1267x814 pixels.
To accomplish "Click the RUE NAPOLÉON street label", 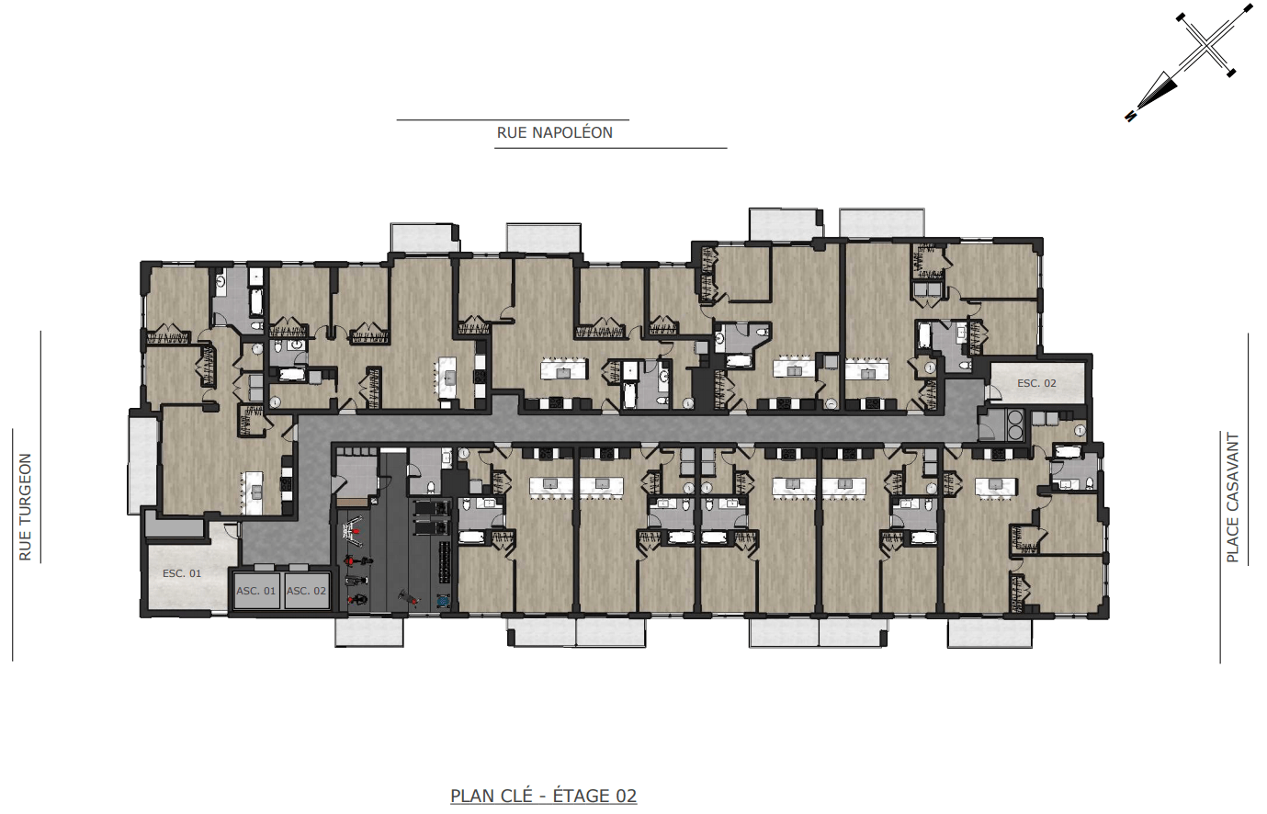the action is click(x=554, y=133).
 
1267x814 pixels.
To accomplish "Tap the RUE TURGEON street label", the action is click(x=26, y=507).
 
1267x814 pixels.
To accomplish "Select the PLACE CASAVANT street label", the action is click(x=1233, y=498).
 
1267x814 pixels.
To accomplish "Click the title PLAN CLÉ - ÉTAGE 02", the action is click(x=543, y=796).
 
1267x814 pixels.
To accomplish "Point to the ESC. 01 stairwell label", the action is click(x=182, y=573).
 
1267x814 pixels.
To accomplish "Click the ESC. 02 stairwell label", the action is click(x=1036, y=383).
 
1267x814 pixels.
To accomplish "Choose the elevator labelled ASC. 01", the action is click(x=256, y=591).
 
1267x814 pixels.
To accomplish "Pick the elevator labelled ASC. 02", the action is click(x=306, y=591).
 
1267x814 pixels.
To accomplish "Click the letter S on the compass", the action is click(x=1130, y=116).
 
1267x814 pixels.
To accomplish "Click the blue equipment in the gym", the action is click(x=442, y=600).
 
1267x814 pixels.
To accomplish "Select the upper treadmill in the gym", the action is click(x=432, y=509).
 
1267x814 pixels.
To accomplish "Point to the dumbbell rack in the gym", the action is click(x=445, y=562).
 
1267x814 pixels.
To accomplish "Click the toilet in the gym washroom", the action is click(x=430, y=487).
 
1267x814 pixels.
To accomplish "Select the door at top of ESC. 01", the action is click(x=231, y=530).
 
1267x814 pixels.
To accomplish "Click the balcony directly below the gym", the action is click(x=369, y=632).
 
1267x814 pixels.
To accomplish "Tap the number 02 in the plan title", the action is click(x=626, y=796).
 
